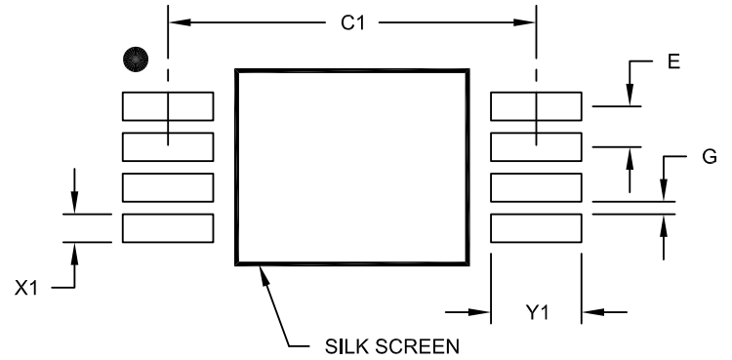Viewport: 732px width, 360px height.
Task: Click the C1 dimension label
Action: pos(351,20)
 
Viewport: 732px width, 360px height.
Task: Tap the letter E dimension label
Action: pos(673,63)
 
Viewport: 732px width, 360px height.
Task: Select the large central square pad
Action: pos(349,166)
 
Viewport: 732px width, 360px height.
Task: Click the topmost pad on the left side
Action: pos(168,106)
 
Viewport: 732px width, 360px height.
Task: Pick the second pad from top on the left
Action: pos(168,147)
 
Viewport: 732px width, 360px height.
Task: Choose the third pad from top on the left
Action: pos(168,187)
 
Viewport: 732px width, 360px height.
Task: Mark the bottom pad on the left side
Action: pos(168,228)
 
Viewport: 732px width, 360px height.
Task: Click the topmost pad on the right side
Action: pos(535,106)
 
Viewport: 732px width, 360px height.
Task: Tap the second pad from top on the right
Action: pos(535,147)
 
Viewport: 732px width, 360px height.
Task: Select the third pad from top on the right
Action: pos(535,187)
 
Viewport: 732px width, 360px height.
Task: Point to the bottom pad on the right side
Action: pos(535,228)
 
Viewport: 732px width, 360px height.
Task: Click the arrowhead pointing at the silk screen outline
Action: pos(261,271)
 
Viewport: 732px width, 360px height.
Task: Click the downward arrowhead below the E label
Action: pos(630,98)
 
